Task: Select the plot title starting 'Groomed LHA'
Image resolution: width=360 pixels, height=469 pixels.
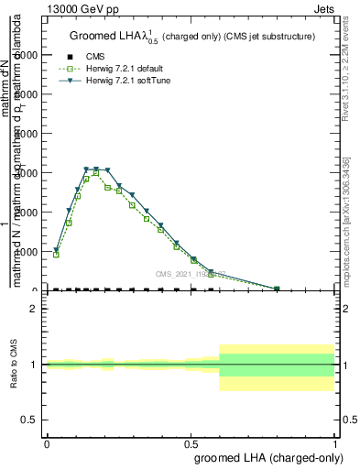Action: point(192,36)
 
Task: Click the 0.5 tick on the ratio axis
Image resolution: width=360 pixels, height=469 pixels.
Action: point(31,420)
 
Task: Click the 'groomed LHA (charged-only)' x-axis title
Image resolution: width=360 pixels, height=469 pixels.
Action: point(265,455)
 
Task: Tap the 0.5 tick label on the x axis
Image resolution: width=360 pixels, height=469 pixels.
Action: point(191,442)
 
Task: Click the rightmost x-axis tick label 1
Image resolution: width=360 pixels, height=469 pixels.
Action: point(335,442)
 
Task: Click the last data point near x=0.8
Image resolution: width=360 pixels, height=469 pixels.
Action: point(277,289)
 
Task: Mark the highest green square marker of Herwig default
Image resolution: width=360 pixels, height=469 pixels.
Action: point(96,173)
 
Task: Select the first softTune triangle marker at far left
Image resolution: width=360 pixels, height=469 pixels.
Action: point(56,249)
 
